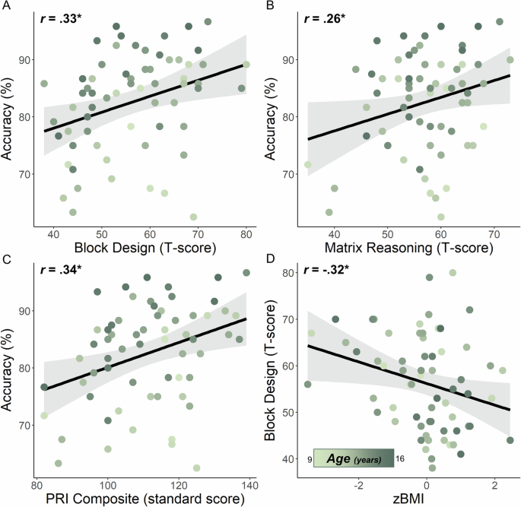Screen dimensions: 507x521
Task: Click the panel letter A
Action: pyautogui.click(x=6, y=6)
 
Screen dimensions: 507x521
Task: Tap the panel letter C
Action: pyautogui.click(x=6, y=259)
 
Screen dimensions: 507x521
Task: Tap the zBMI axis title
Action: pyautogui.click(x=409, y=499)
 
